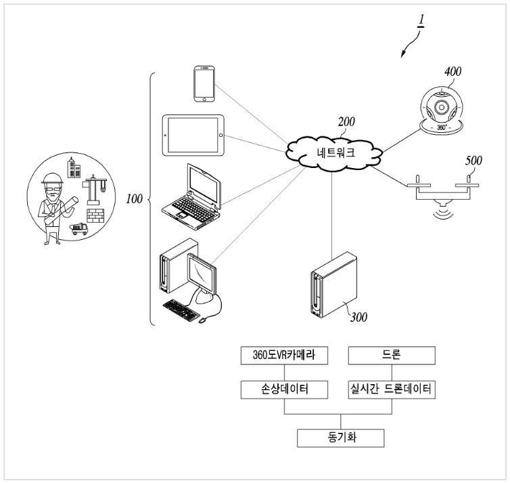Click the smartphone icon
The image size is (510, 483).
tap(204, 84)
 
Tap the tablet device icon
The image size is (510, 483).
tap(193, 135)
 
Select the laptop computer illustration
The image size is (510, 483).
tap(191, 197)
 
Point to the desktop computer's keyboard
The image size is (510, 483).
tap(181, 310)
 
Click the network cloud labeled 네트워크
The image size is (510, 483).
tap(334, 153)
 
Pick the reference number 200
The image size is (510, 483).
tap(346, 122)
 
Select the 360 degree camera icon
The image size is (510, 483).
tap(442, 110)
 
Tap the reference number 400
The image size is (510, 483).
tap(453, 71)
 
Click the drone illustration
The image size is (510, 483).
tap(442, 196)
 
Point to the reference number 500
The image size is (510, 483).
tap(473, 161)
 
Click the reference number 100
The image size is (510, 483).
tap(134, 198)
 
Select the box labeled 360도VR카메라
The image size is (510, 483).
tap(284, 356)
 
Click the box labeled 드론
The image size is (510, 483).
tap(392, 356)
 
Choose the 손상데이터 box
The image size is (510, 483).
tap(284, 390)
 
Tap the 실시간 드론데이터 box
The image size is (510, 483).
tap(392, 390)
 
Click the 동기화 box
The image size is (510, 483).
tap(340, 438)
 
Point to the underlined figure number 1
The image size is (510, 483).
tap(421, 20)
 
